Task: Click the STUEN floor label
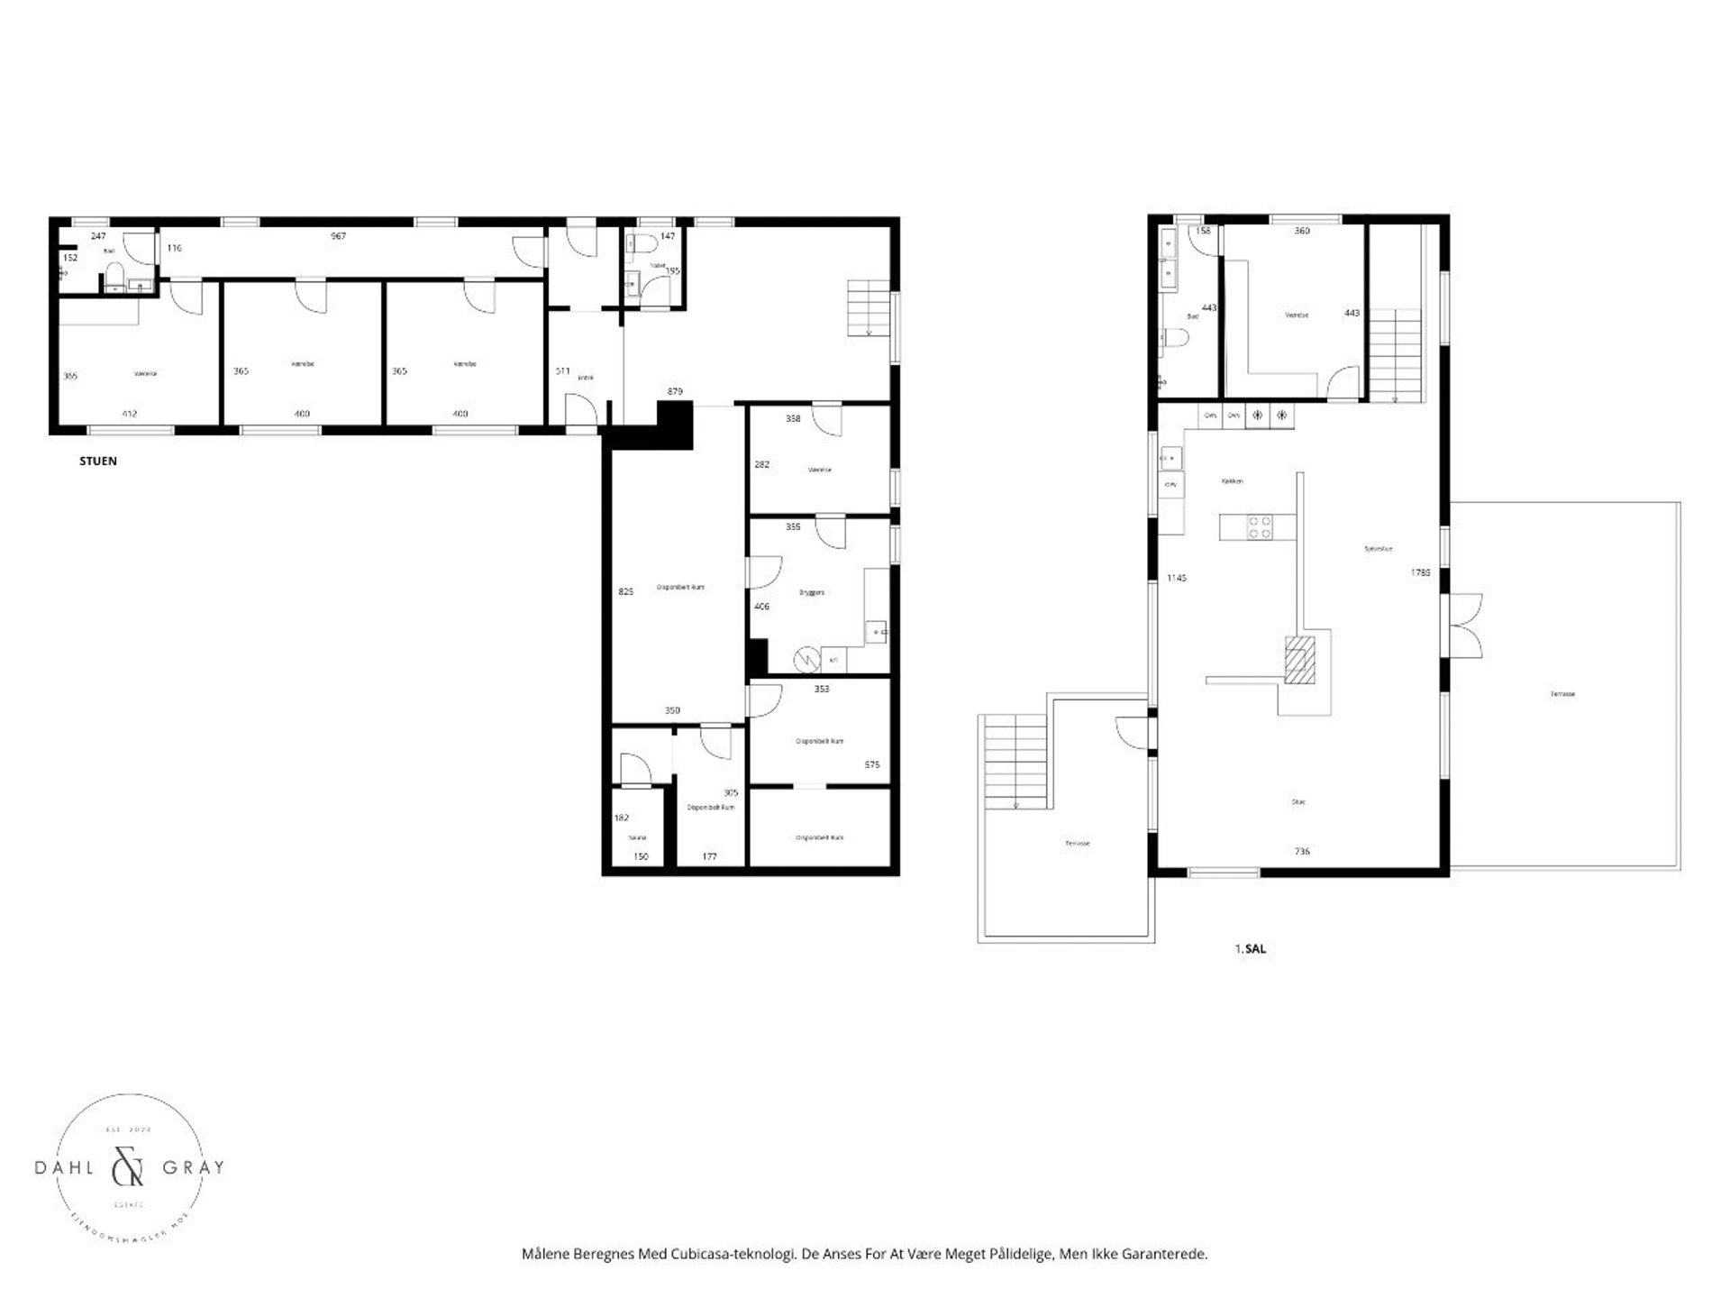pos(98,462)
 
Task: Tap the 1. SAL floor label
pos(1250,949)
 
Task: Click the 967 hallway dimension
pos(338,236)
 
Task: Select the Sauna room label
pos(637,837)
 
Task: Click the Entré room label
pos(586,378)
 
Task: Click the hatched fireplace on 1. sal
pos(1300,661)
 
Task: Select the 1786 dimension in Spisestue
pos(1420,571)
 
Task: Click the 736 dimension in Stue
pos(1301,851)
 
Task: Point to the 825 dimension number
pos(625,591)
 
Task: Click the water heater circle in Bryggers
pos(804,660)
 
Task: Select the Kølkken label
pos(1232,481)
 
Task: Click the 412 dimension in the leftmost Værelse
pos(130,414)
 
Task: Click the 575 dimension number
pos(871,764)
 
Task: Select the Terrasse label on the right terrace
pos(1562,694)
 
